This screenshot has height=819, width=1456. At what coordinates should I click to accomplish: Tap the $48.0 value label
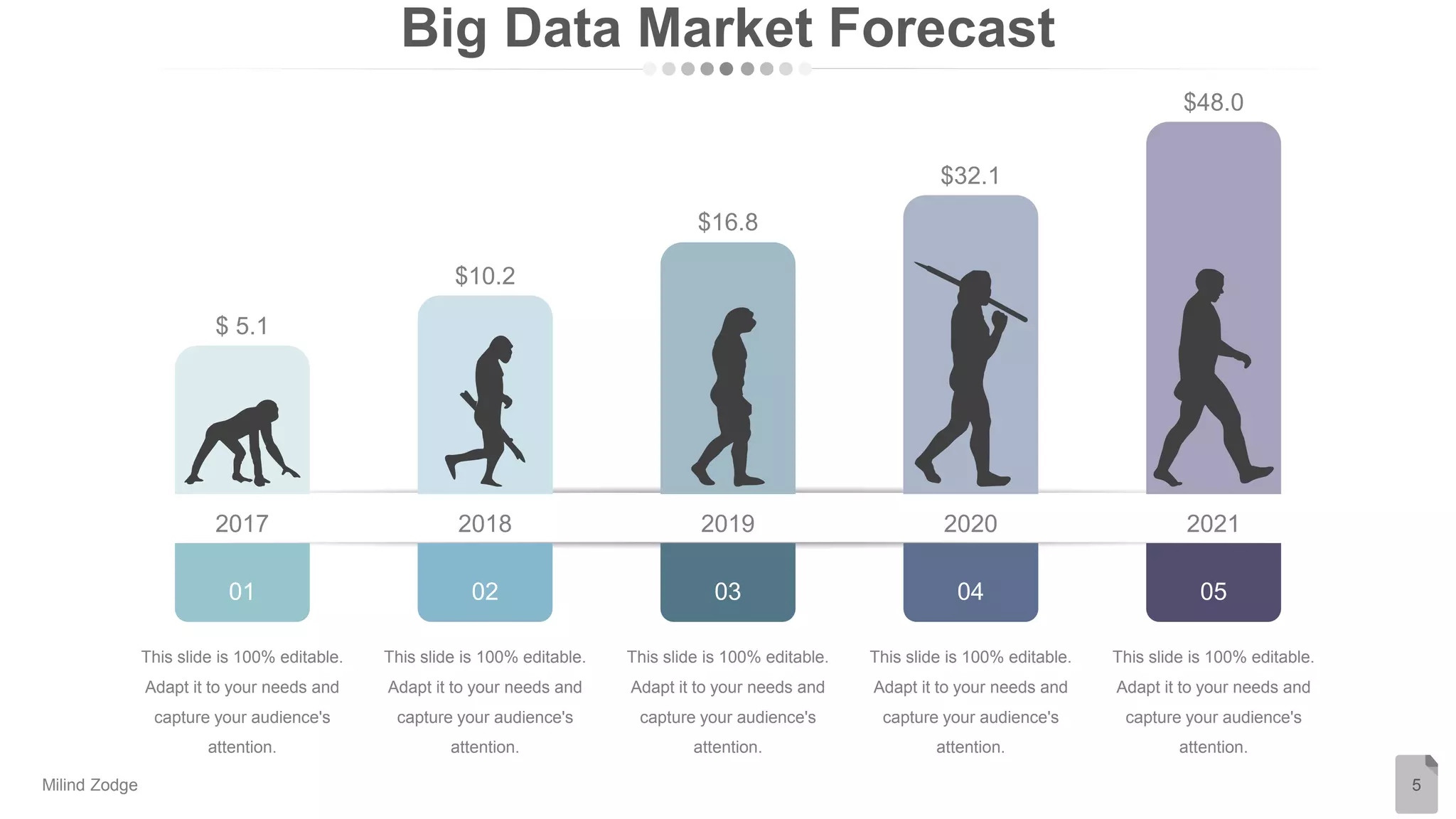click(1213, 102)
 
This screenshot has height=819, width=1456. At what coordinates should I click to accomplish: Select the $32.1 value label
click(970, 176)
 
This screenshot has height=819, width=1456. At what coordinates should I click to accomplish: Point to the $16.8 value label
click(727, 223)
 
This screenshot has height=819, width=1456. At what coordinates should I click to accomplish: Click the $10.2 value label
click(485, 276)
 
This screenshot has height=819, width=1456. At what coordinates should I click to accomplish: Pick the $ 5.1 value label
click(242, 326)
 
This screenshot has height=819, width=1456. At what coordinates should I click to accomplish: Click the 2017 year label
click(242, 524)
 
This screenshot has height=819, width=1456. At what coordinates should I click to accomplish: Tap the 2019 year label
click(727, 524)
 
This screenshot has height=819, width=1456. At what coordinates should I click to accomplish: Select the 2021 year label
click(1213, 524)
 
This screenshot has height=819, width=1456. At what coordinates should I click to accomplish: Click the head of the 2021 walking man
click(1209, 284)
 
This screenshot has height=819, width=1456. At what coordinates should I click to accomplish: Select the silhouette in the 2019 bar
click(729, 398)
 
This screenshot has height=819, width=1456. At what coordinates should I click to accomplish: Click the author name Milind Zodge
click(90, 785)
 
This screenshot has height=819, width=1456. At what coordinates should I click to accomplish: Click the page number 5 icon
click(1415, 784)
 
